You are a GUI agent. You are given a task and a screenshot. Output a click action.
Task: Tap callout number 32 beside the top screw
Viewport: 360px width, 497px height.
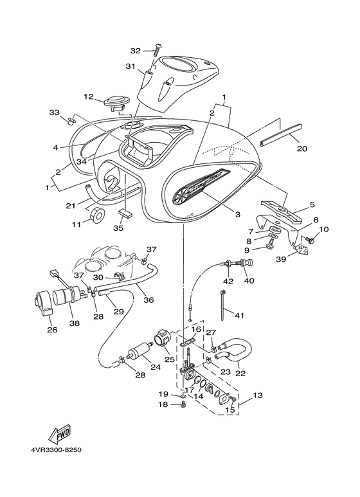136,50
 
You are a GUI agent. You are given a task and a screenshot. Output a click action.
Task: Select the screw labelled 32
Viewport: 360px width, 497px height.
158,50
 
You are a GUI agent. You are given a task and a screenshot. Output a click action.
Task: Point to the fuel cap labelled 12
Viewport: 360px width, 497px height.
116,104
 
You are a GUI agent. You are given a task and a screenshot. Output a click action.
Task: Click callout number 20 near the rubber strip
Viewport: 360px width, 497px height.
301,148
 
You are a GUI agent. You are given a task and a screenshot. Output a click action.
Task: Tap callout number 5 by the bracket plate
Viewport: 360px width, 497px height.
312,204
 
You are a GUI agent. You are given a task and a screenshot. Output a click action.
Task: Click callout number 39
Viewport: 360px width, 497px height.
281,259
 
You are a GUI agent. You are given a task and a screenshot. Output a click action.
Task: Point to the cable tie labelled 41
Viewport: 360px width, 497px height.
222,305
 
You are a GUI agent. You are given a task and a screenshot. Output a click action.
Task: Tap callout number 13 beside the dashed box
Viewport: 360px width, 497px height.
258,395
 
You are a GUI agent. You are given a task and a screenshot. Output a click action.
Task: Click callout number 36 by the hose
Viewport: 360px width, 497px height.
148,299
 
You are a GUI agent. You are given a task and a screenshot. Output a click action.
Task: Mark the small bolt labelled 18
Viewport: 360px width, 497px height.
183,404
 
